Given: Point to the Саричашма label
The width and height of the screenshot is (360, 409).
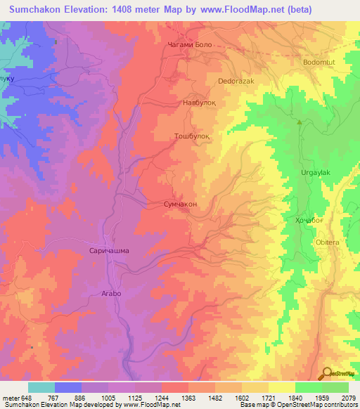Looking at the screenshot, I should click(x=109, y=250).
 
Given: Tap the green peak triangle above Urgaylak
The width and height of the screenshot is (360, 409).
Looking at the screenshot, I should click(x=300, y=123).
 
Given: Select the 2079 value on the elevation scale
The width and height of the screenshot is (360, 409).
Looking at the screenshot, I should click(x=348, y=397).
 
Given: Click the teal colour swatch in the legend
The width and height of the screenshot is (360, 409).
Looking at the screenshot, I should click(x=41, y=387).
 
